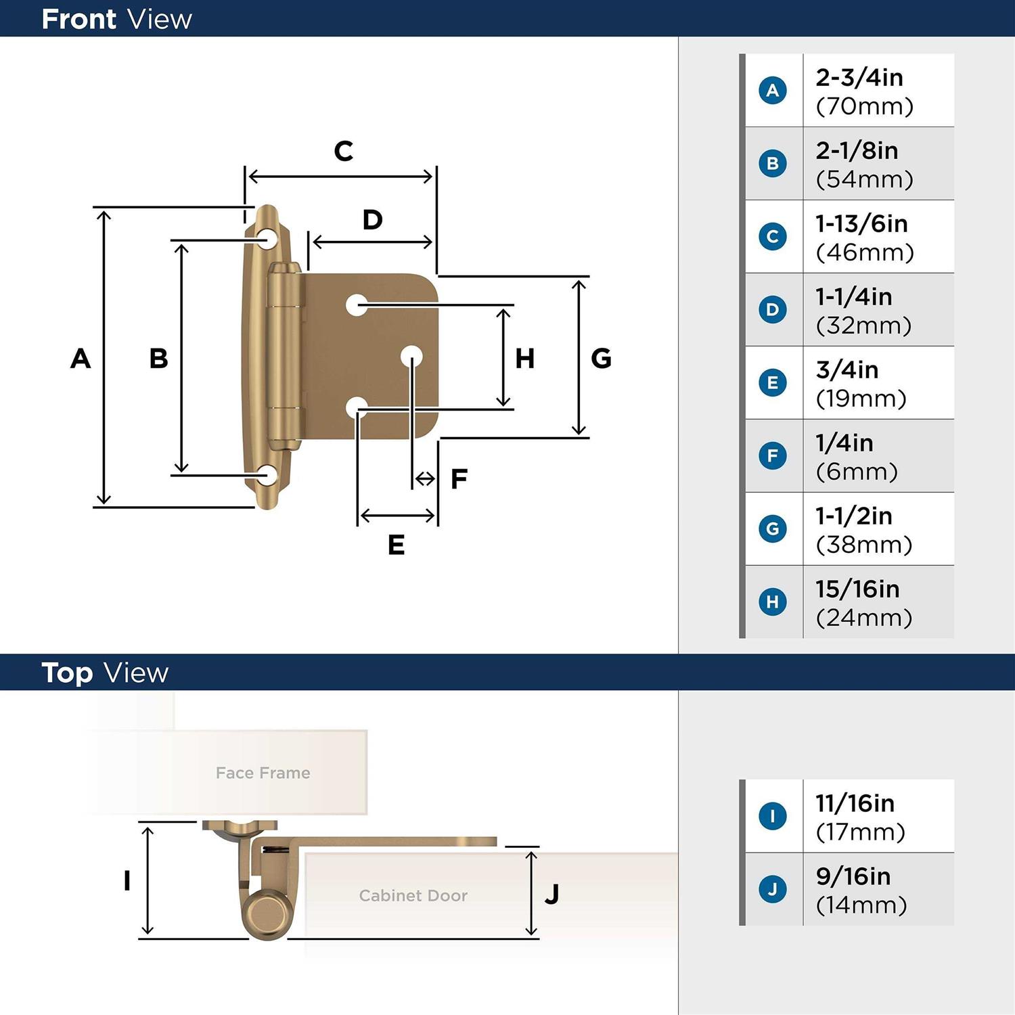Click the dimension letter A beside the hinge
pos(81,358)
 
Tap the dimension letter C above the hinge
pos(344,151)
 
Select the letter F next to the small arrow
pos(459,479)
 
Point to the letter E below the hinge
pos(397,545)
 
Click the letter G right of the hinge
pos(601,358)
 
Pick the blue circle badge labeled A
pos(773,90)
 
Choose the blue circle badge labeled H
pos(773,602)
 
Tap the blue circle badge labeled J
pos(773,888)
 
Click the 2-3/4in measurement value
pos(859,77)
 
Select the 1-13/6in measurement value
pos(861,223)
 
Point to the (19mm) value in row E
pos(861,399)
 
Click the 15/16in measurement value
pos(857,589)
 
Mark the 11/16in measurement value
pos(855,803)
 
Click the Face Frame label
pos(263,773)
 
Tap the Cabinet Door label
pos(413,895)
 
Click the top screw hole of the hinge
pos(268,239)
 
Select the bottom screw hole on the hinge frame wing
pos(268,475)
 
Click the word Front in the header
pos(79,19)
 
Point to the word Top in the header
pos(67,673)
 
